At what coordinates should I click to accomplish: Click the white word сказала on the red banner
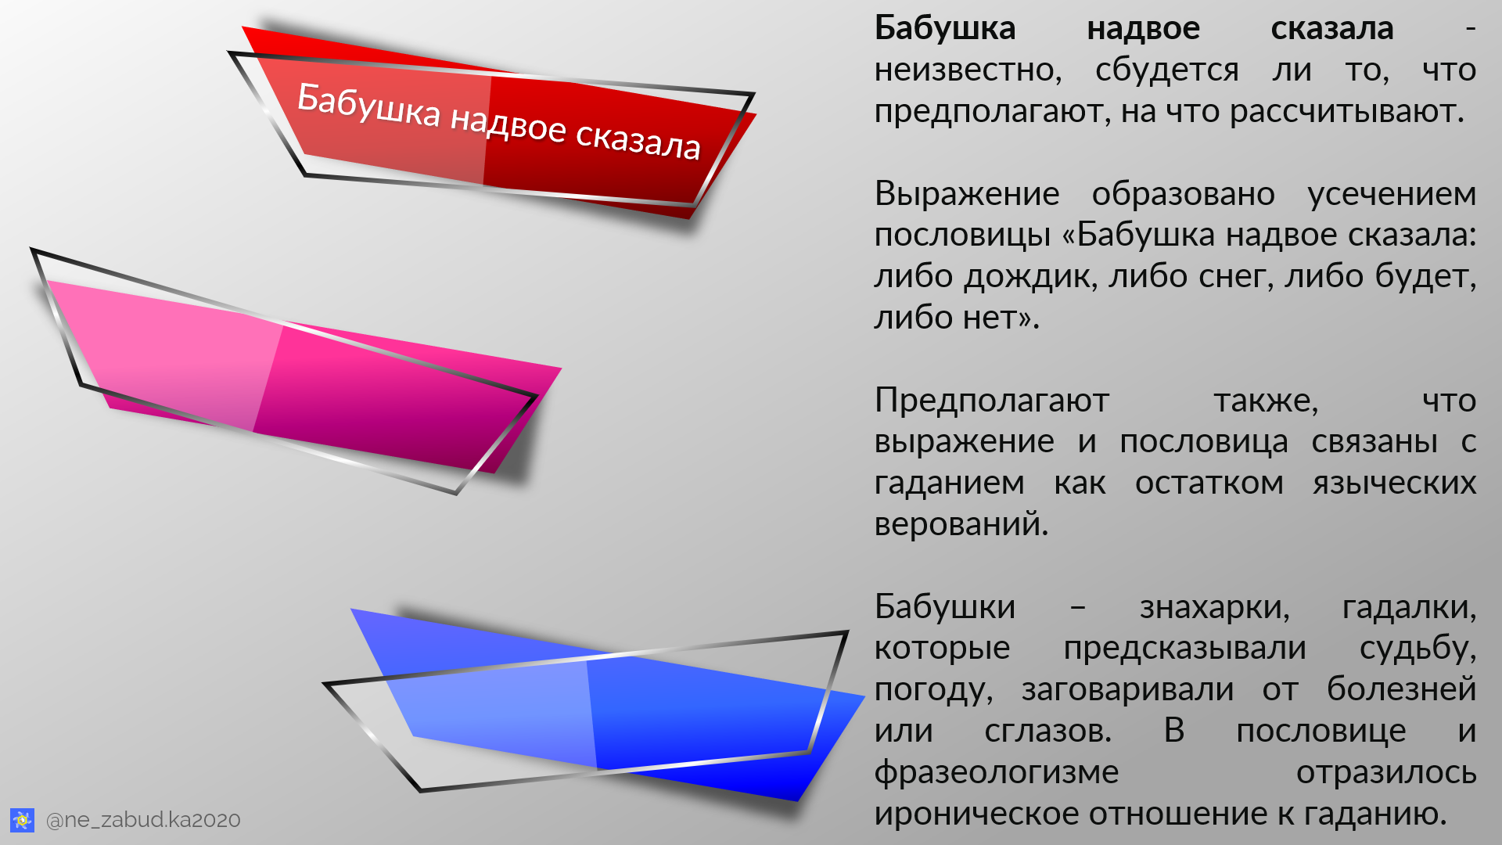coord(638,141)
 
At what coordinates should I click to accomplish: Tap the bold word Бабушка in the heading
coord(945,29)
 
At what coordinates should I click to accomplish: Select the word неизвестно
coord(968,70)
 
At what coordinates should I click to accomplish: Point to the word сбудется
coord(1166,70)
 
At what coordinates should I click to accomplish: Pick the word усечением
coord(1392,194)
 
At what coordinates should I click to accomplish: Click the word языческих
coord(1394,484)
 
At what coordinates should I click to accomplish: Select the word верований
coord(961,525)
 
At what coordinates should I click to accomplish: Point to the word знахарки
coord(1214,607)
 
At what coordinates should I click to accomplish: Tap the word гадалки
coord(1408,607)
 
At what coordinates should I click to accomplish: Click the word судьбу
coord(1417,649)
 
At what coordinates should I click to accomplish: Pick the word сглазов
coord(1047,732)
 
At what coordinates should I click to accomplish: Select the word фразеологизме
coord(997,773)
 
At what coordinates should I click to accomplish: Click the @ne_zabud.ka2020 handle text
coord(143,820)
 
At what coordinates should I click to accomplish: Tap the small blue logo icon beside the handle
coord(22,820)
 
